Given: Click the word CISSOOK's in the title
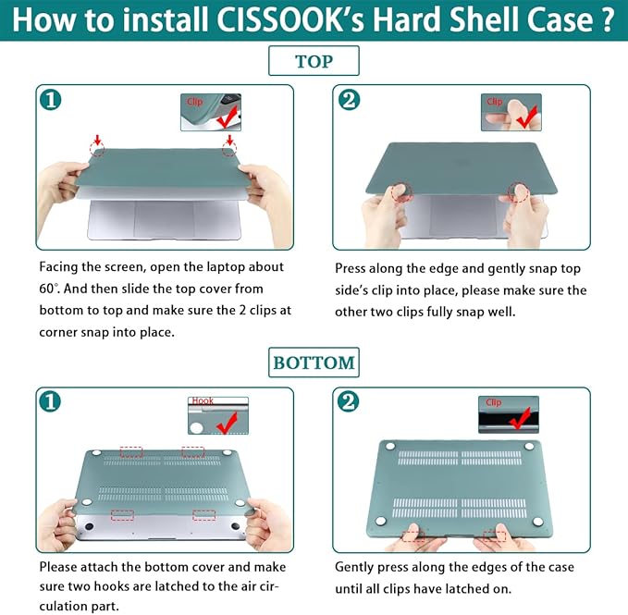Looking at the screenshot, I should coord(288,20).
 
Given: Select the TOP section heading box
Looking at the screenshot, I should coord(314,62).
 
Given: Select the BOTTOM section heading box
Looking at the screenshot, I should coord(314,363).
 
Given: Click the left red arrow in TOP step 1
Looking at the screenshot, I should coord(97,140).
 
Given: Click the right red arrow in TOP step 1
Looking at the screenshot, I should coord(228,140).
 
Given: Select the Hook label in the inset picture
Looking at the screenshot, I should coord(203,401).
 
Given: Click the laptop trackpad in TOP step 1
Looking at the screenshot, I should coord(165,217).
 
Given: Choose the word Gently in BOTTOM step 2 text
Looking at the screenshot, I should coord(357,567).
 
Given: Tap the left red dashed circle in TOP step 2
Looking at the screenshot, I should coord(402,193).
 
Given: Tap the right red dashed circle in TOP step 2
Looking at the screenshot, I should coord(519,192).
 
